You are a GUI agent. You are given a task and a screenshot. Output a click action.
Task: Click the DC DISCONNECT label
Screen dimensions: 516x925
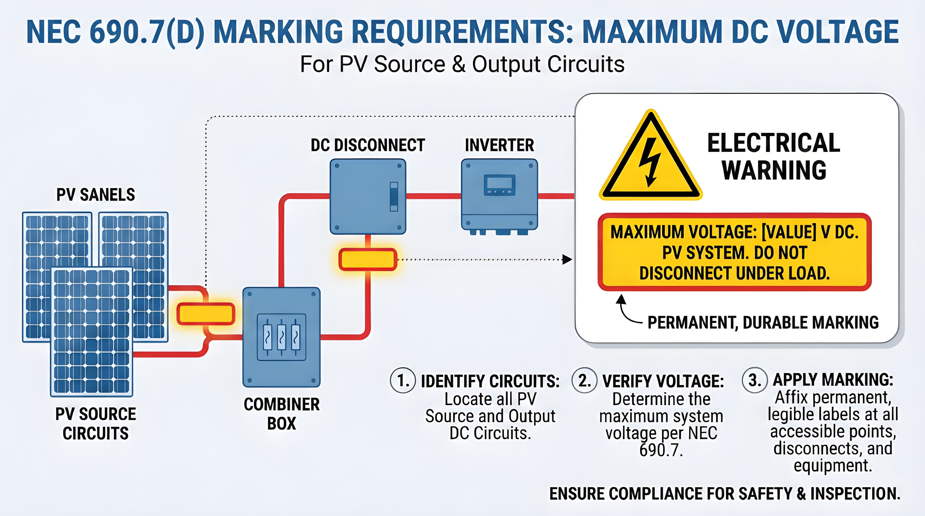tap(368, 145)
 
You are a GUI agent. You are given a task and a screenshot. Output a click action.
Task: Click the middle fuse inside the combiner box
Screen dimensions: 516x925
tap(282, 337)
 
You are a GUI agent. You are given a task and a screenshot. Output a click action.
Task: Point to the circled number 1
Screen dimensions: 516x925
tap(403, 380)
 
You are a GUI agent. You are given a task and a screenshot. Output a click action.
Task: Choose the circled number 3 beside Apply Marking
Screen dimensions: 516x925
tap(754, 380)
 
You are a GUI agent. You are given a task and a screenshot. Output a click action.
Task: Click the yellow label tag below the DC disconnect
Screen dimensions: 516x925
tap(368, 259)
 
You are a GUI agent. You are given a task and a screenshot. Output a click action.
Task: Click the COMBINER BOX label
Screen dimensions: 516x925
tap(282, 414)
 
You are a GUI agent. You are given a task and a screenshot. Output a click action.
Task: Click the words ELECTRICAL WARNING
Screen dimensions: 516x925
tap(774, 157)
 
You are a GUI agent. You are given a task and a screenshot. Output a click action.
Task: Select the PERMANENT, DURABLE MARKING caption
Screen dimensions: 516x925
tap(763, 322)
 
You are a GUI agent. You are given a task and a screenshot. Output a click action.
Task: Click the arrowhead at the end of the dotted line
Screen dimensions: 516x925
tap(567, 259)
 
